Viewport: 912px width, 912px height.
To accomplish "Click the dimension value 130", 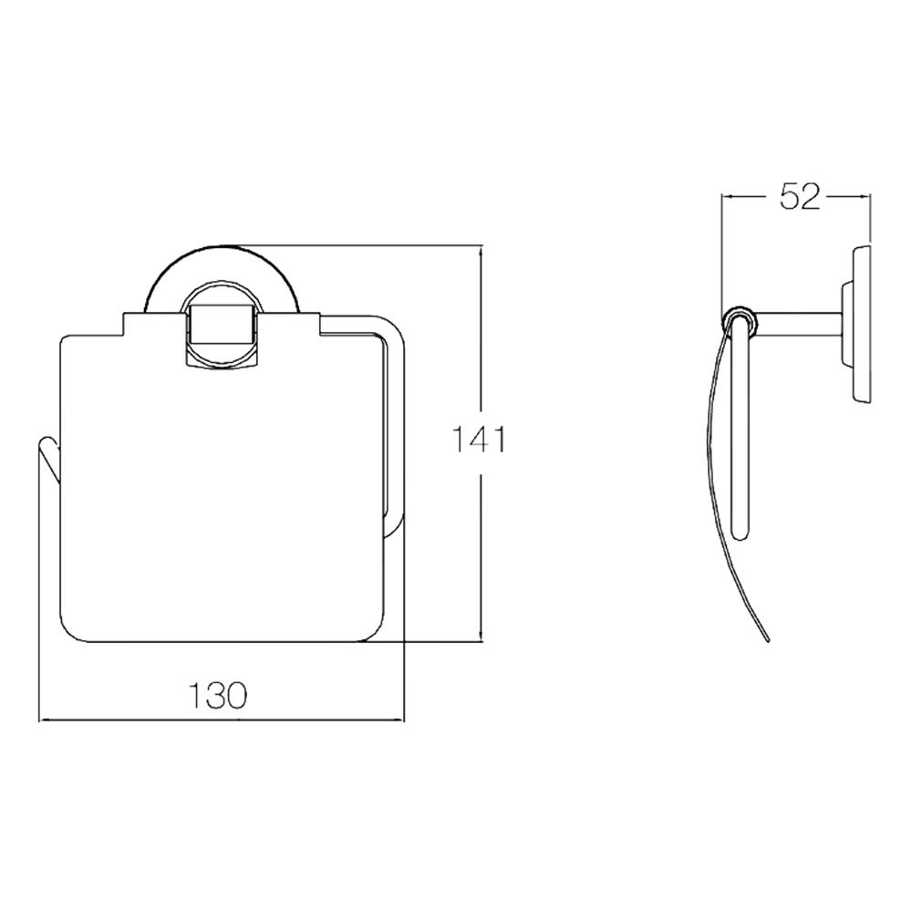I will tap(219, 695).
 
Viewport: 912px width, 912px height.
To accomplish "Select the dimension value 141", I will tap(480, 440).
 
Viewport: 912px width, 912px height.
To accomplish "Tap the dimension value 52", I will tap(799, 197).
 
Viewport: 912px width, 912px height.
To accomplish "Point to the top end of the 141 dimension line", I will tap(481, 245).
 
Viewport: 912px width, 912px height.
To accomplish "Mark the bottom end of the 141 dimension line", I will tap(481, 642).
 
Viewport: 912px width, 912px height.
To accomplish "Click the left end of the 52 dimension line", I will tap(722, 195).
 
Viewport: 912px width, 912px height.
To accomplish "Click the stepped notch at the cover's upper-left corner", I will tap(122, 323).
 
